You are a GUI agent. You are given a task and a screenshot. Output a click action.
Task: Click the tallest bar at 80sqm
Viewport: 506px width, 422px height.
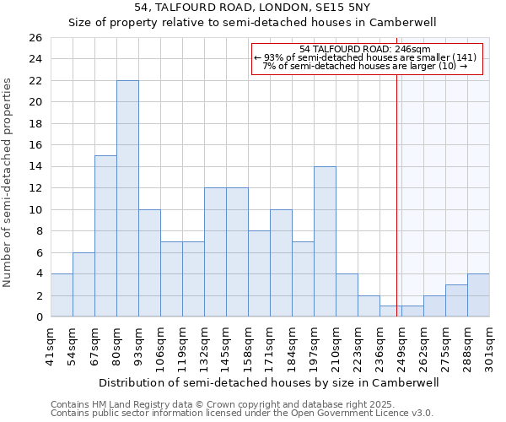point(127,198)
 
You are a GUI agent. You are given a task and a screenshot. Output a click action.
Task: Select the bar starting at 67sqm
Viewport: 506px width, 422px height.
point(105,236)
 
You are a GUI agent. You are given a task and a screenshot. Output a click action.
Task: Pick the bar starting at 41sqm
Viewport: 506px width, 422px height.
point(62,295)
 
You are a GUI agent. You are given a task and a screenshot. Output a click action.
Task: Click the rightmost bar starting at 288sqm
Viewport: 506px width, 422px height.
point(478,295)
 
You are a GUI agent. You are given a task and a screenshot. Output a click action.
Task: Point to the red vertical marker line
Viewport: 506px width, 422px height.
point(396,194)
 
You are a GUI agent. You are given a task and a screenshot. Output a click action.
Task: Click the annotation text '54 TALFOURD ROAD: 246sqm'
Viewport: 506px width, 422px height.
point(365,49)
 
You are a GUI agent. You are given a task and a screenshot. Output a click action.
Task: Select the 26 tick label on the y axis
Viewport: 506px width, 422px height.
point(35,38)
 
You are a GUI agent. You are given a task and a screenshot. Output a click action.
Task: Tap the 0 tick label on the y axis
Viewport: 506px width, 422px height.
point(38,317)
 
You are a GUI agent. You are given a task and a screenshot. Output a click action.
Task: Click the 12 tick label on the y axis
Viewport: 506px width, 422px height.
point(35,188)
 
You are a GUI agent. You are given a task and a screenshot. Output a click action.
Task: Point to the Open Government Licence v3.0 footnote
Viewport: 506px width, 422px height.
point(242,414)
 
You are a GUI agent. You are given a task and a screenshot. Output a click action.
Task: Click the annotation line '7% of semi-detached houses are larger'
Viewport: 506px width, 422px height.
point(365,66)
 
